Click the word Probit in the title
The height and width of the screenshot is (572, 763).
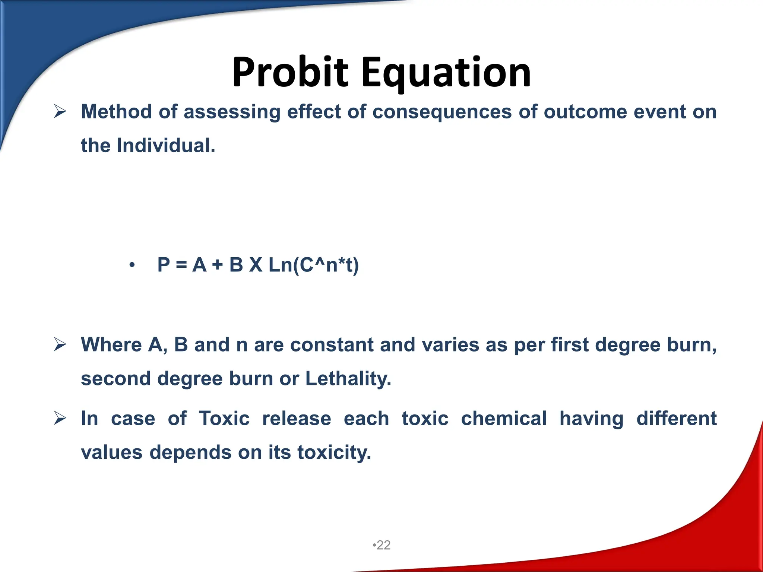pos(290,73)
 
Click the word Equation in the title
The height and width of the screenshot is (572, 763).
pos(446,73)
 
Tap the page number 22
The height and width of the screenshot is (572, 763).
pos(383,545)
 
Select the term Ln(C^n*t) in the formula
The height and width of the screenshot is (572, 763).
pos(313,265)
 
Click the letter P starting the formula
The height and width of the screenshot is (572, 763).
pos(164,265)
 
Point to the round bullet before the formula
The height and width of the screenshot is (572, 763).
pos(132,266)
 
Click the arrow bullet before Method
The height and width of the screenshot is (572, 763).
pos(60,111)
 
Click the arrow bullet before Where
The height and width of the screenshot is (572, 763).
pos(60,344)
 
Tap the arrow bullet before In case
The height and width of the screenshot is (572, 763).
pos(60,418)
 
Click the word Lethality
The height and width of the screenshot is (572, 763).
pos(348,378)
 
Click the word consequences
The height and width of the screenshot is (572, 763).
pos(442,112)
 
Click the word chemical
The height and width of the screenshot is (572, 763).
pos(504,418)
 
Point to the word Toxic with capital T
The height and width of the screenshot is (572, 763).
pos(224,418)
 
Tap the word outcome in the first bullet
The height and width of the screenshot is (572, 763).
pos(585,112)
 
